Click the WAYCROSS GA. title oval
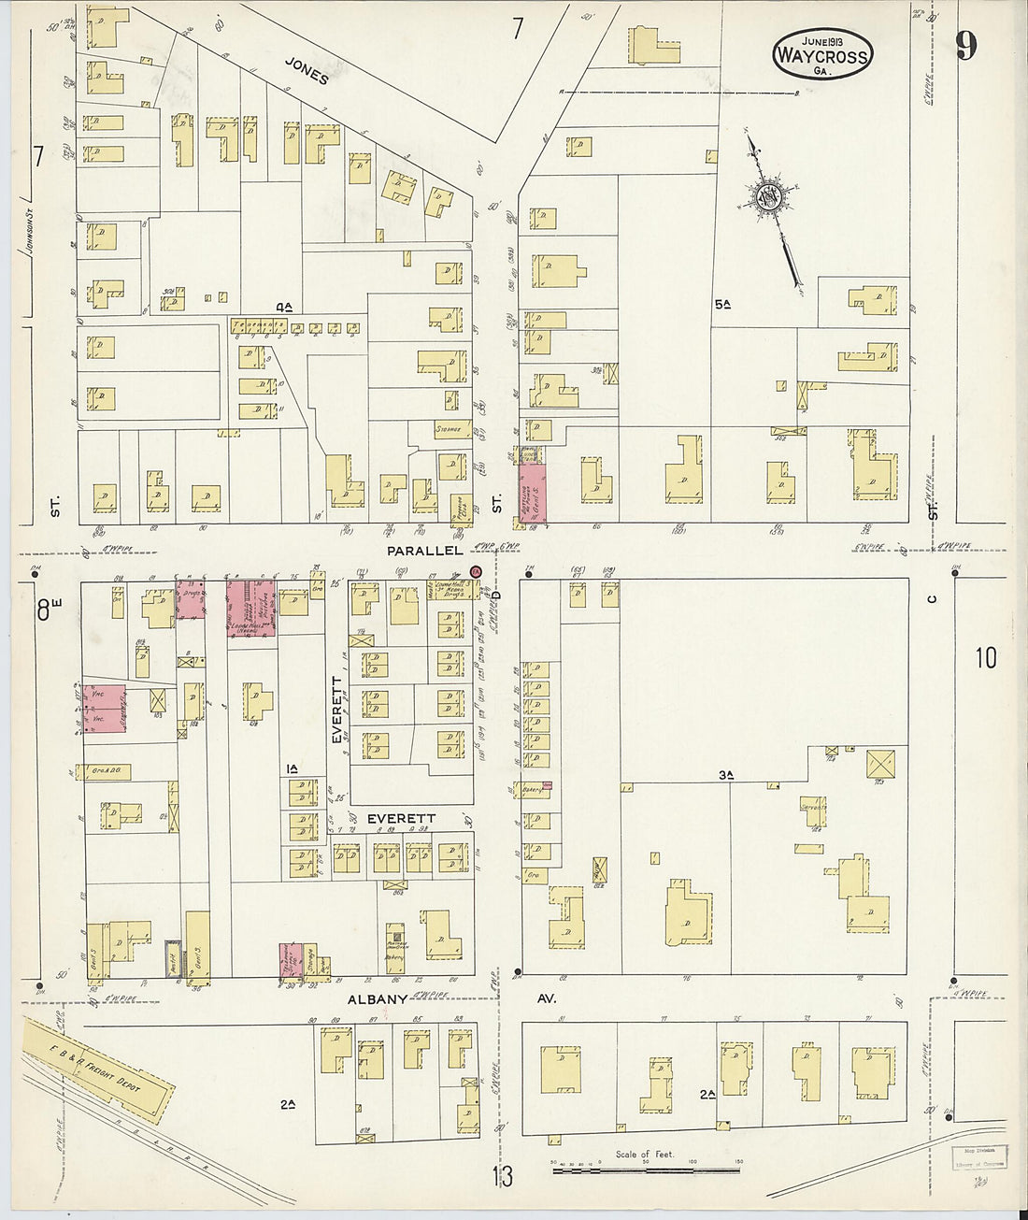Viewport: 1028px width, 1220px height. (x=821, y=54)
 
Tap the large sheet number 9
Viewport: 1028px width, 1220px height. (x=965, y=45)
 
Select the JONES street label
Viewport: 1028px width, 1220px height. (x=307, y=70)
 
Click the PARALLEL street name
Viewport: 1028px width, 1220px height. (x=425, y=552)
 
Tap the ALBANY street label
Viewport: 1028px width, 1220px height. (x=378, y=999)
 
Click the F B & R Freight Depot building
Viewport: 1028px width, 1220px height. (x=99, y=1069)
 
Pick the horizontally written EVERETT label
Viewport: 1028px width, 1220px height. (x=401, y=819)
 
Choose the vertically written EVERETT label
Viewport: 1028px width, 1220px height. (x=337, y=710)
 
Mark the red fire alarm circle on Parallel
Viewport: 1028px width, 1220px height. (x=476, y=571)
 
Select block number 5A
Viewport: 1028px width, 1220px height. (x=721, y=304)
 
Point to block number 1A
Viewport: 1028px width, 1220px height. (x=292, y=768)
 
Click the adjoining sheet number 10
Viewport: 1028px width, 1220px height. (x=985, y=658)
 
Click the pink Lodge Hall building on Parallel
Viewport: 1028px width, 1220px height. (x=250, y=608)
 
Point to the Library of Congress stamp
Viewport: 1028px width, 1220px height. (x=978, y=1157)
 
